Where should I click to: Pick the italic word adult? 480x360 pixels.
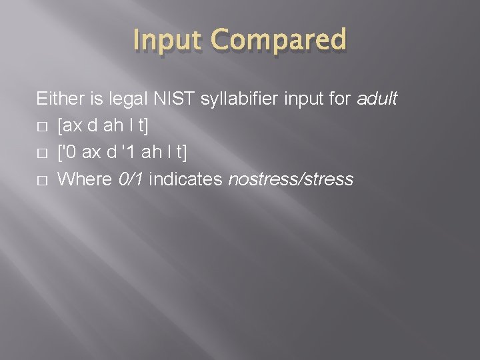tap(377, 100)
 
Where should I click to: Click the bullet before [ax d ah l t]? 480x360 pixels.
tap(41, 127)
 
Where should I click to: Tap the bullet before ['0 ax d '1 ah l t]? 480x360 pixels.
tap(41, 153)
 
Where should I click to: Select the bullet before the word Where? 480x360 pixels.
tap(41, 180)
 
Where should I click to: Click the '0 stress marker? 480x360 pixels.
tap(69, 153)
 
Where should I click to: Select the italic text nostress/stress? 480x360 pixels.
tap(290, 179)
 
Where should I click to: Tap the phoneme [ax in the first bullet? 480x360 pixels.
tap(69, 127)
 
